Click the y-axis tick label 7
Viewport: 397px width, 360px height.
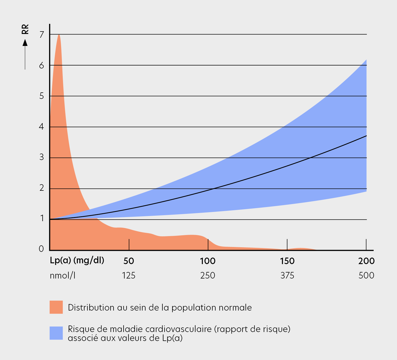[42, 35]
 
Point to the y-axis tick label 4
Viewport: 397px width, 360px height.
[42, 127]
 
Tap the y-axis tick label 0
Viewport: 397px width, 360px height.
[41, 249]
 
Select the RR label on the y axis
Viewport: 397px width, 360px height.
[25, 29]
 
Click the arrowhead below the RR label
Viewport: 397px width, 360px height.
[25, 43]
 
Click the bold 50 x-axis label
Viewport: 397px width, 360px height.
[129, 261]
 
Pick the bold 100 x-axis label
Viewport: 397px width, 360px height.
[208, 261]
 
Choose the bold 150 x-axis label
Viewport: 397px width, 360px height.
[287, 261]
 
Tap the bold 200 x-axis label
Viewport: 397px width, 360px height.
[366, 261]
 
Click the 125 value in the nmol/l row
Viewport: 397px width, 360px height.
[129, 276]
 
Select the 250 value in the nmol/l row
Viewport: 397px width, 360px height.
[208, 276]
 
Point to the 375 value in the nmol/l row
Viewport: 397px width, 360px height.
[287, 276]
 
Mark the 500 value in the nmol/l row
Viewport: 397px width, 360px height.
[366, 276]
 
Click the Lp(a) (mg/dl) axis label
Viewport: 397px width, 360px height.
[77, 261]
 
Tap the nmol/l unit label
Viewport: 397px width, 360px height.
[62, 276]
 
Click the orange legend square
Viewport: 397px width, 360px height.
[56, 307]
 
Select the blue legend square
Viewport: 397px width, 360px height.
[56, 333]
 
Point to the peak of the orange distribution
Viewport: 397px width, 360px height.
[59, 35]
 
